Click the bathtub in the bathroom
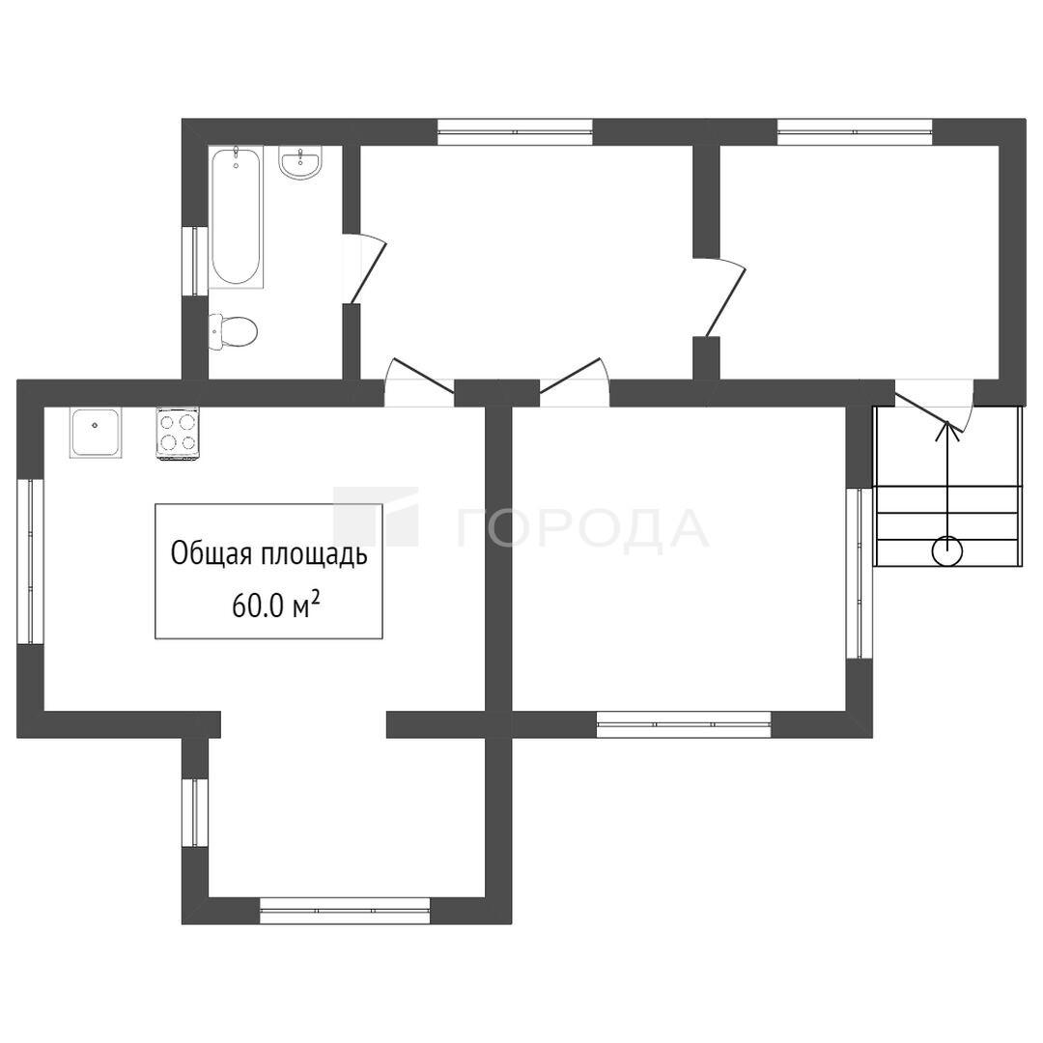[x=237, y=217]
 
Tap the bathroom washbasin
[x=300, y=161]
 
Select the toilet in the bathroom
[x=232, y=331]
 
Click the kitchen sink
[x=96, y=433]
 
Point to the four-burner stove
[x=178, y=433]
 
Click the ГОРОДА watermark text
[x=581, y=529]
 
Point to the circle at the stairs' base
[x=946, y=550]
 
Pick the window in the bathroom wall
[x=195, y=260]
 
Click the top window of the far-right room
[x=855, y=131]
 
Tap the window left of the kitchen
[x=31, y=561]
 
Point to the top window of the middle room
[x=515, y=131]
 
